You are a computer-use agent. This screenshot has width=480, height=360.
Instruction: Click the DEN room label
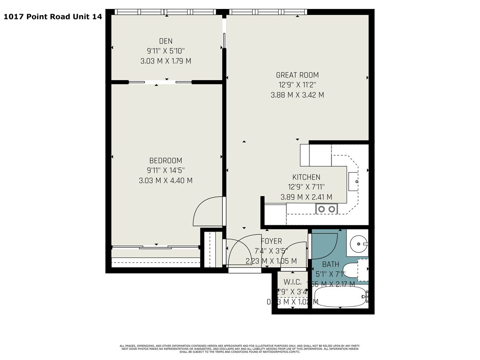pos(166,41)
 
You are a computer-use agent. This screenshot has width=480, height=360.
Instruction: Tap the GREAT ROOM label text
pos(297,75)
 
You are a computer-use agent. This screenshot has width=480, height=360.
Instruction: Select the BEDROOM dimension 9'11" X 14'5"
pos(166,171)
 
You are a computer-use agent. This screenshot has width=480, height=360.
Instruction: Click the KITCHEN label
pos(306,177)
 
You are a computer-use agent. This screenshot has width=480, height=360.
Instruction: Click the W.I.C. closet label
pos(292,282)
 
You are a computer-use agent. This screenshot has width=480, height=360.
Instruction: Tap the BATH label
pos(330,264)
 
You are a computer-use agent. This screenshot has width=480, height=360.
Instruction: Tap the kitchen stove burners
pos(326,209)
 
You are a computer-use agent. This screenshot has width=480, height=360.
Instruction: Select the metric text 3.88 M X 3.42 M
pos(297,95)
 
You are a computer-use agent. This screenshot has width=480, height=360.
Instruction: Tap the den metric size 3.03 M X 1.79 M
pos(166,61)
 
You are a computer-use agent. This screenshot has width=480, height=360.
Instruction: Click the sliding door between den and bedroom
pos(160,81)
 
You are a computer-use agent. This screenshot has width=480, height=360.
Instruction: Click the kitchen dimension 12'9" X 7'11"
pos(306,187)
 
